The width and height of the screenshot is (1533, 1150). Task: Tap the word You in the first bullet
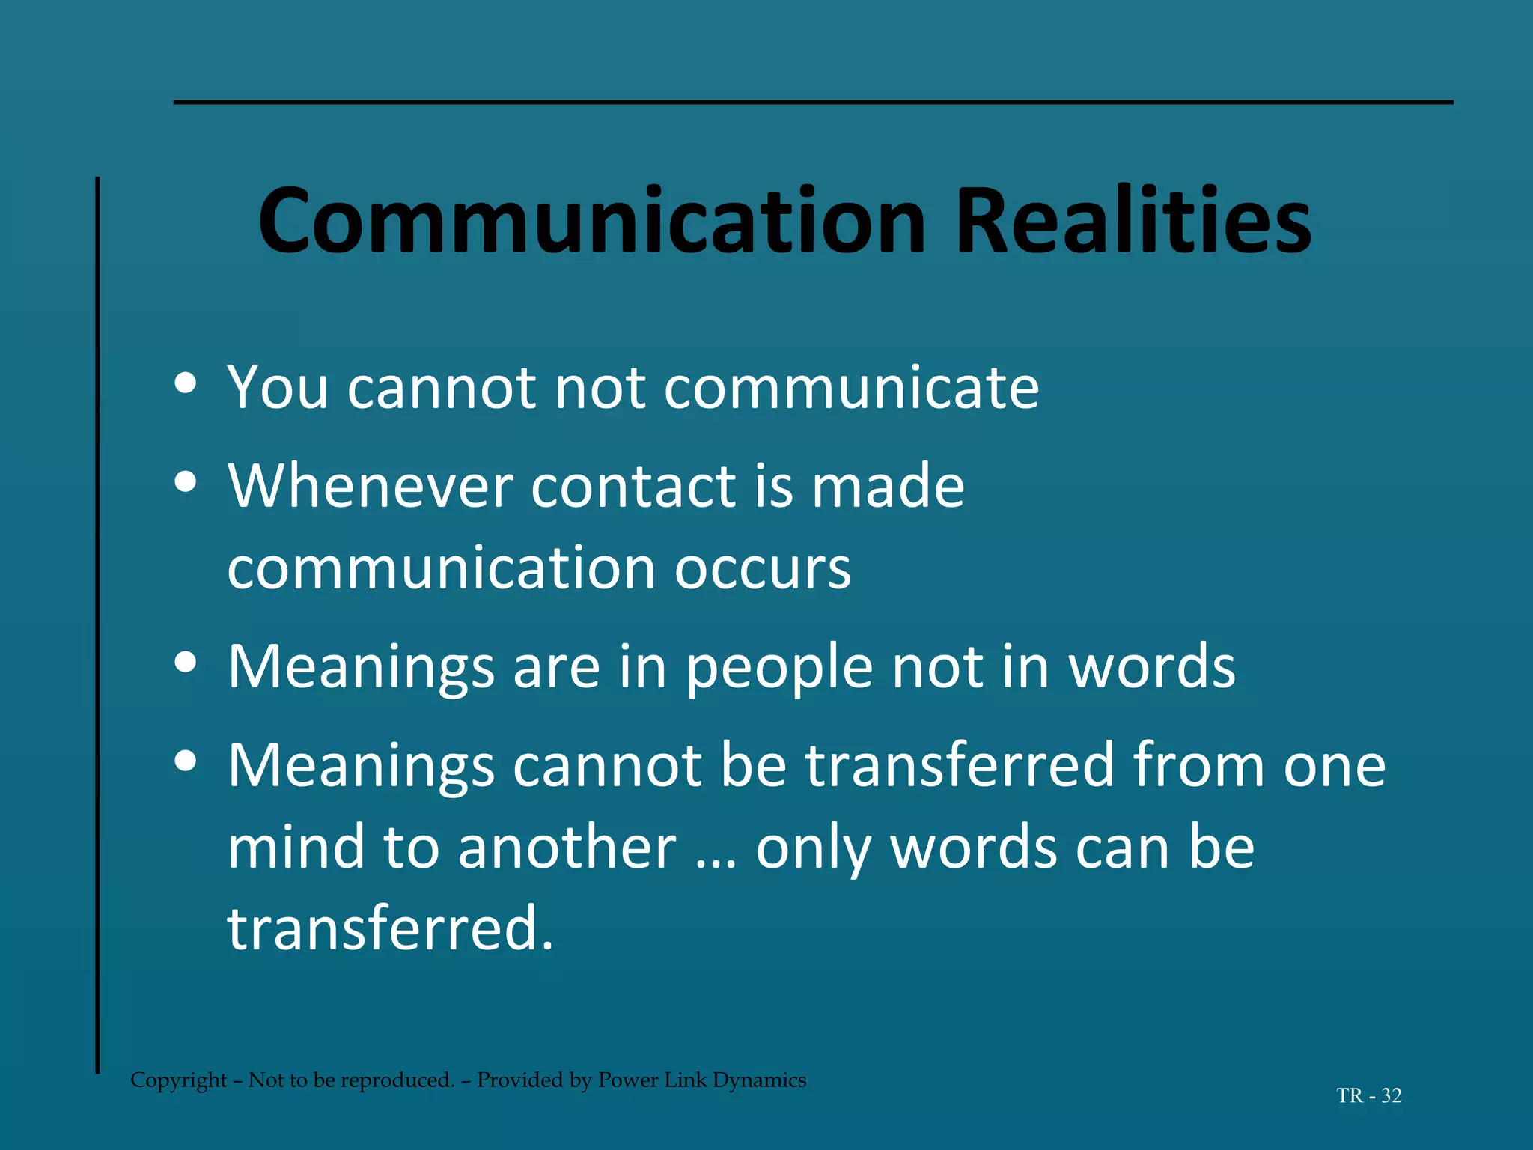pos(278,388)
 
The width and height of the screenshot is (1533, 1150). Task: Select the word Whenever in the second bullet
pos(370,487)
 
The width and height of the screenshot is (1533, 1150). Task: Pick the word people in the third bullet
pos(779,669)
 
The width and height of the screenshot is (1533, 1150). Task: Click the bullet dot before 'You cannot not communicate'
pos(185,384)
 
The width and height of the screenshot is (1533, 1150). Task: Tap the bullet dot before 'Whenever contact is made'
pos(185,483)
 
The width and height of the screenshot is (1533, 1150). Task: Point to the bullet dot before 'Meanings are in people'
pos(185,663)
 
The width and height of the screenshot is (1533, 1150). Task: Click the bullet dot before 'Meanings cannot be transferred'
pos(185,761)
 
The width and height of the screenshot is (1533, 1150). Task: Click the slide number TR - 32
pos(1368,1096)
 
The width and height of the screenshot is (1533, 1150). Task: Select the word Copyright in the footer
pos(178,1080)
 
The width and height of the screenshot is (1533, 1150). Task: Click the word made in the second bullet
pos(889,487)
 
